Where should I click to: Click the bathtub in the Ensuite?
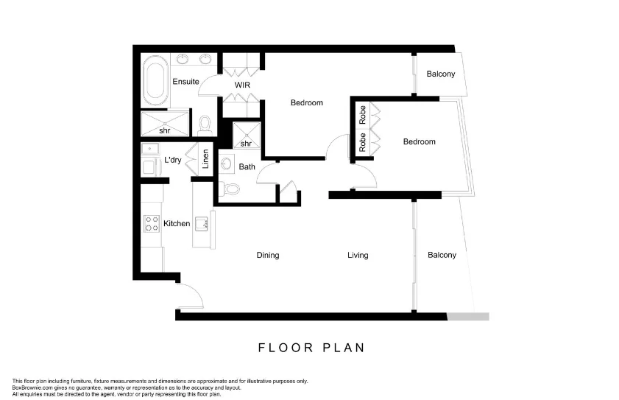tap(155, 80)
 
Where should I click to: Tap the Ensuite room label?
tap(185, 82)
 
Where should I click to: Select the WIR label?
tap(243, 85)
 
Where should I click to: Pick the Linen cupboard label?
tap(206, 159)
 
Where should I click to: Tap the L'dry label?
tap(173, 160)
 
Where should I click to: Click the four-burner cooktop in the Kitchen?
tap(152, 223)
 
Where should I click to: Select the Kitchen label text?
tap(177, 223)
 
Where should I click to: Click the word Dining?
tap(267, 256)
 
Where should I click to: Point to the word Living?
tap(358, 256)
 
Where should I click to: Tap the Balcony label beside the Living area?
tap(442, 256)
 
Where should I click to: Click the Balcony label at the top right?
tap(441, 74)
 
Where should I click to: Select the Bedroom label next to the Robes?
tap(419, 142)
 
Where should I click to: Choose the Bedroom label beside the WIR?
tap(306, 103)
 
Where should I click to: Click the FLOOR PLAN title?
tap(311, 347)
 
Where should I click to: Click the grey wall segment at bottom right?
tap(468, 316)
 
